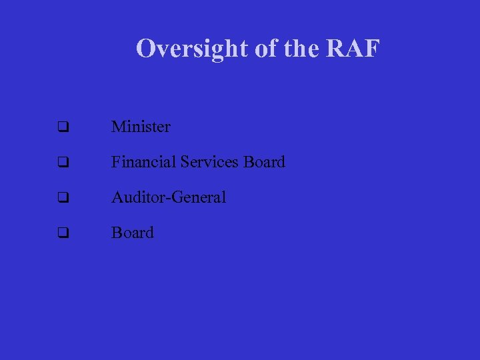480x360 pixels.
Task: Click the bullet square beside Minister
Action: [x=63, y=127]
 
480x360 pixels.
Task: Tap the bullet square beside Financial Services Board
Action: [x=63, y=162]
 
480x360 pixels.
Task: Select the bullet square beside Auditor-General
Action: [x=63, y=198]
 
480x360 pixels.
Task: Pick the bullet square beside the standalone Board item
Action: [x=63, y=233]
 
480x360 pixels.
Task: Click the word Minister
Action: [x=141, y=126]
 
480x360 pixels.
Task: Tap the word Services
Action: [x=209, y=161]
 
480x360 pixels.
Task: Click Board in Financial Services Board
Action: [x=264, y=161]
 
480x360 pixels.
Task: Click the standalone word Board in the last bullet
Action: [x=133, y=233]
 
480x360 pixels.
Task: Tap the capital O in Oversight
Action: [x=145, y=48]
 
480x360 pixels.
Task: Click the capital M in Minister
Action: [x=119, y=126]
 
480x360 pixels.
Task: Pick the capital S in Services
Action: [x=185, y=161]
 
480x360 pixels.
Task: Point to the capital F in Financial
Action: [x=116, y=161]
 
